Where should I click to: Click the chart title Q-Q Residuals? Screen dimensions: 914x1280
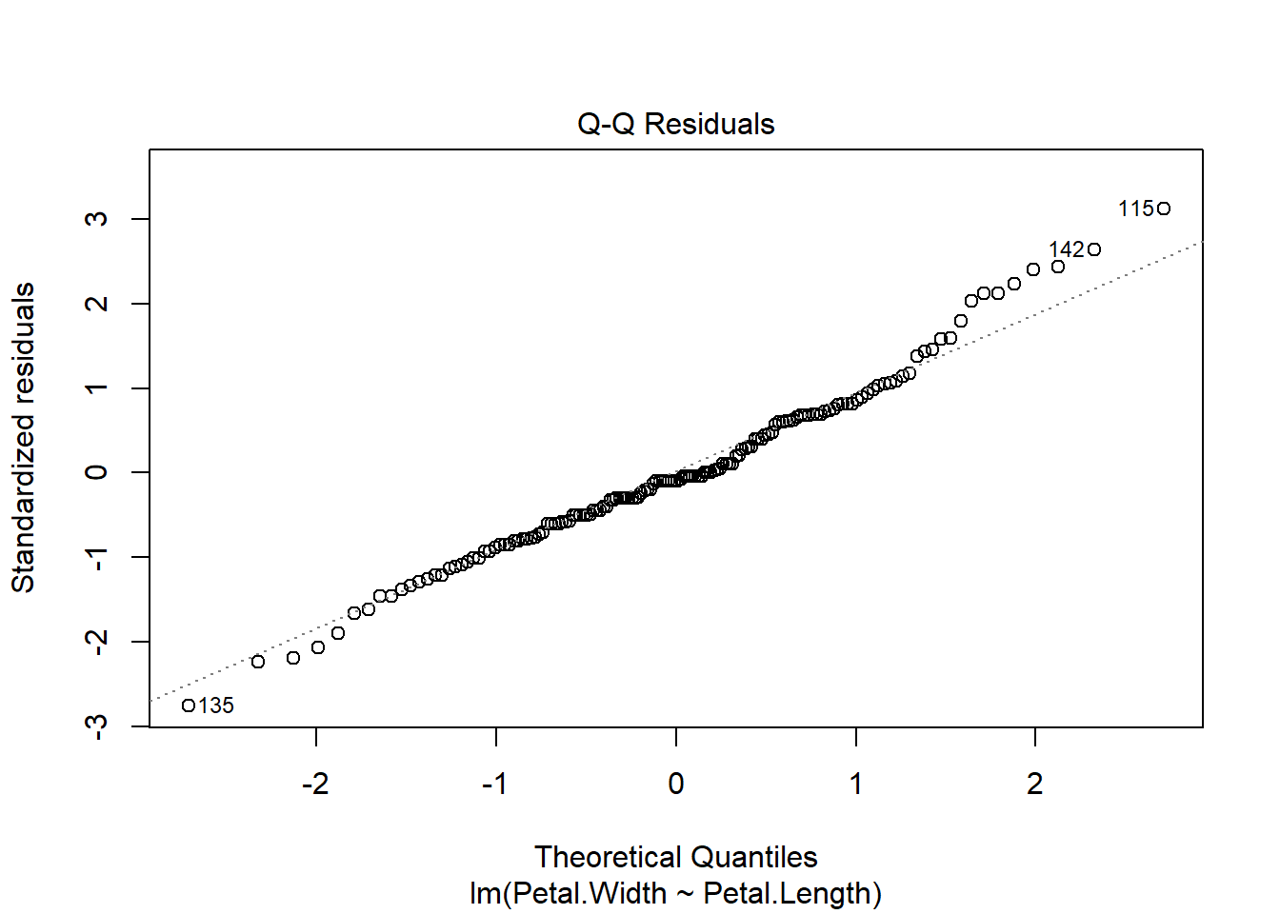click(675, 124)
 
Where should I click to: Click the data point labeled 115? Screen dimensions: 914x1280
click(1164, 209)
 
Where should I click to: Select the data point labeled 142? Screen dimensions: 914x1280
click(1094, 249)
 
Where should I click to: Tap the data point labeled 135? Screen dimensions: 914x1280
click(189, 705)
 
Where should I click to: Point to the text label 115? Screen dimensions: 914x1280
click(1135, 209)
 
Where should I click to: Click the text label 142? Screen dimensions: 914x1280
click(1066, 249)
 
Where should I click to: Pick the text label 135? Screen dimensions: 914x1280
click(216, 705)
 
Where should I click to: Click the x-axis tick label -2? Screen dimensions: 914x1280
click(315, 784)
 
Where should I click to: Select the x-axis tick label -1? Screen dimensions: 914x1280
click(494, 784)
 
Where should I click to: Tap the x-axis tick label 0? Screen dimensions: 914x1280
click(676, 784)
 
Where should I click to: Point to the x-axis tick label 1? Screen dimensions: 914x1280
click(856, 784)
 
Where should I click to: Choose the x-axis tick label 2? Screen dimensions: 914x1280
click(1035, 784)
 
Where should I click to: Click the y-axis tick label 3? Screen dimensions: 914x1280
click(96, 219)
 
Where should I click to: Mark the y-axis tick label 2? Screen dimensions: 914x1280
click(96, 304)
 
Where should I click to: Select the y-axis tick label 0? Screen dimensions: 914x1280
click(96, 472)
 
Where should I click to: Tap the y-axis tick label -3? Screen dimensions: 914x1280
click(96, 726)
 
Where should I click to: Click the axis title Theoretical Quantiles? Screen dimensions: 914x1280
click(675, 857)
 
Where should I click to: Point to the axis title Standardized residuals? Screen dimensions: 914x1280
click(23, 438)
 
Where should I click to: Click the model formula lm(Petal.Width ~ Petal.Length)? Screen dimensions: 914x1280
click(675, 893)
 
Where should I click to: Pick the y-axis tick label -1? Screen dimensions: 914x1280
click(96, 557)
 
